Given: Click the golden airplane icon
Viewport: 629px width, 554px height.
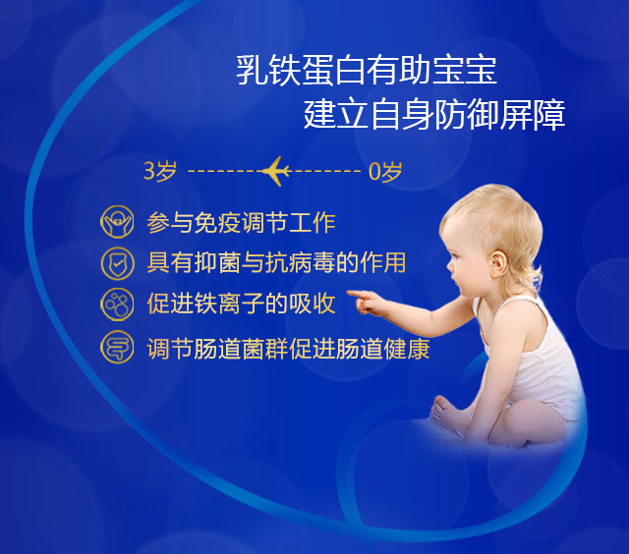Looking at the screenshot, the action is click(276, 171).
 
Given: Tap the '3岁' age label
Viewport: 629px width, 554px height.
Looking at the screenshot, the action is click(160, 171).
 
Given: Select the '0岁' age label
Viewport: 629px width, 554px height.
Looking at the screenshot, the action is click(385, 172).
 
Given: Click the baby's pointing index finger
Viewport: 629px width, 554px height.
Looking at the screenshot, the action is click(356, 294).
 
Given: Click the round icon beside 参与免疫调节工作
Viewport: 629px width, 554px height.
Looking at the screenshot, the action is click(117, 222).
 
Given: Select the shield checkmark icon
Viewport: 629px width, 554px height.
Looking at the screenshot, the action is click(117, 263).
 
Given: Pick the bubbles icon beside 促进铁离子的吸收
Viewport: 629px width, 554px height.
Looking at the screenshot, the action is click(117, 304).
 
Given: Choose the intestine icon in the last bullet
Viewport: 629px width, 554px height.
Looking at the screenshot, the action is click(117, 347).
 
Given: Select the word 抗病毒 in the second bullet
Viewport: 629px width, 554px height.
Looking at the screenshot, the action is click(301, 263).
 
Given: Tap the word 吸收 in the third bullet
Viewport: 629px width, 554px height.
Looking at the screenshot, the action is click(313, 304).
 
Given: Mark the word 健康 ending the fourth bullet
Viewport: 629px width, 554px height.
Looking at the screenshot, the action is click(406, 349).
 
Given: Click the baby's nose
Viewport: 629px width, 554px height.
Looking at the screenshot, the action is click(450, 264).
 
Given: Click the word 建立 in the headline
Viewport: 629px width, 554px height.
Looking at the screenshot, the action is click(336, 115).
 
